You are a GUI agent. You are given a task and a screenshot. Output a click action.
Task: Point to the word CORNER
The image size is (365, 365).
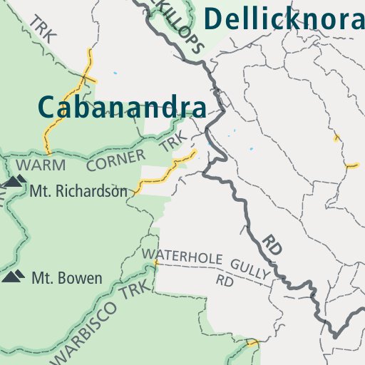(115, 160)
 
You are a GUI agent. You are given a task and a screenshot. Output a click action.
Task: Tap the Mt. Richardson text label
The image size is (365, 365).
(78, 191)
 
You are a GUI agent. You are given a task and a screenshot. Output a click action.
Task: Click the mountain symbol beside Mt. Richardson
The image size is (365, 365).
(14, 181)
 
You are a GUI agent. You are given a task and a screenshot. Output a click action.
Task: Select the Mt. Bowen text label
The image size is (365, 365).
(66, 277)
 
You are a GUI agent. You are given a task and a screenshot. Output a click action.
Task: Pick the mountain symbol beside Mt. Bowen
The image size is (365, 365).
(14, 275)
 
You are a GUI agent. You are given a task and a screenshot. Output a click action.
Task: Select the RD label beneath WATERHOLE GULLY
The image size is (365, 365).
(225, 281)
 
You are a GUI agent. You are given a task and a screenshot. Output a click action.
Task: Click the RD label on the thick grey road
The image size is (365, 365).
(272, 245)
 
